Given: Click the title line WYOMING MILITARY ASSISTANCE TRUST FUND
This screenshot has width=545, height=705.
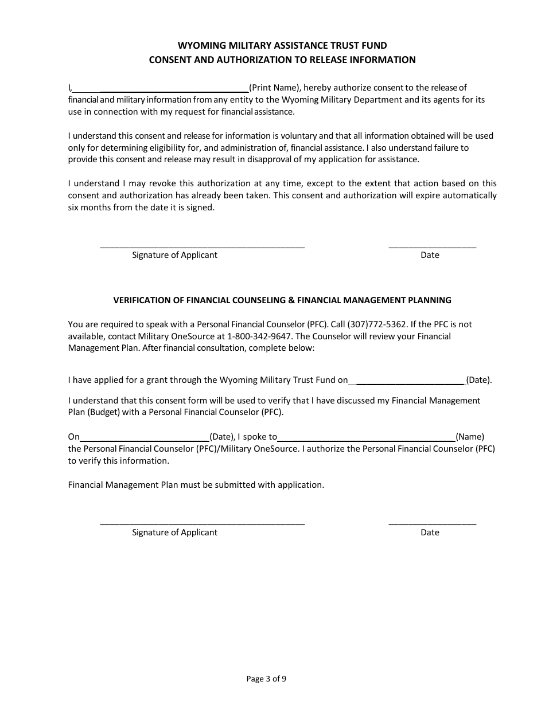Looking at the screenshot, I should pos(282,45).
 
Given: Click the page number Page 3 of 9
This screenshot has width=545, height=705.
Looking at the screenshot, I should pos(266,679).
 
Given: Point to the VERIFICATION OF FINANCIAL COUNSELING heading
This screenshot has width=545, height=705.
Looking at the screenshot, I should pos(282,300).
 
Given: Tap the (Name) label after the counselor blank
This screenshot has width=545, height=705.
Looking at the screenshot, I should pos(470,437).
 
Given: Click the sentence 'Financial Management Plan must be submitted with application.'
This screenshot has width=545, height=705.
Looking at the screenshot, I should pos(196,484).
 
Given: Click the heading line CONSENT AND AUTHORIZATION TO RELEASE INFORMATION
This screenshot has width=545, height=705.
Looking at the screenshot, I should pos(282,60).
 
